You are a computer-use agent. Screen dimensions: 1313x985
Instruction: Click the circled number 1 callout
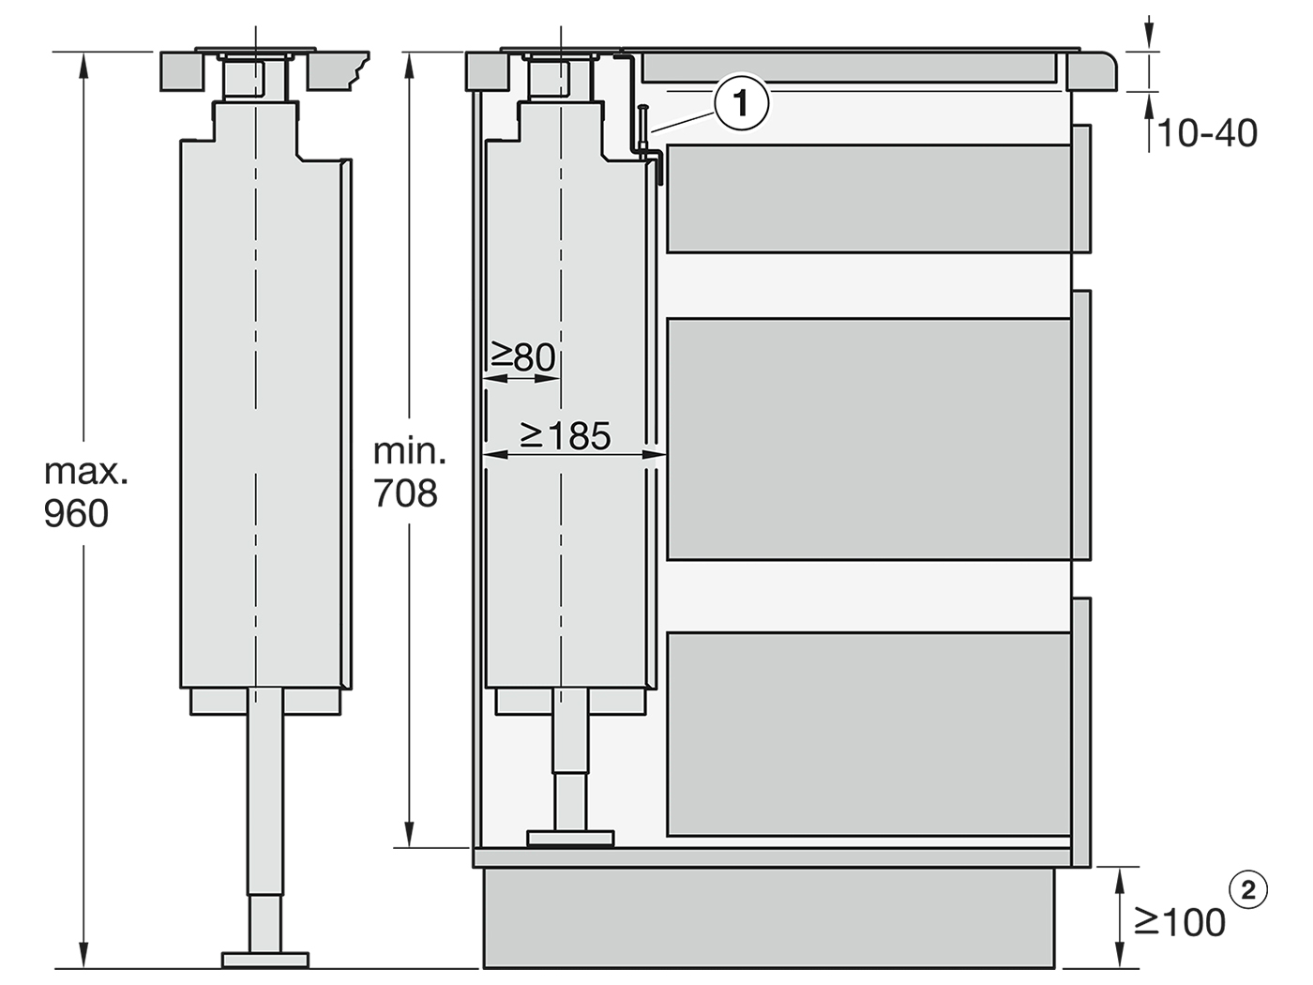click(x=741, y=103)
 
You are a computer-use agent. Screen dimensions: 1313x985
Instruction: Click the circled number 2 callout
click(x=1247, y=891)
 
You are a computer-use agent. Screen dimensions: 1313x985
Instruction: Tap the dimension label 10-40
click(x=1208, y=133)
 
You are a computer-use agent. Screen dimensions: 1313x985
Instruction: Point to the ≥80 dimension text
click(x=522, y=357)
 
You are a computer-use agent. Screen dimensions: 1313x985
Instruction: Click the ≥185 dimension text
click(x=566, y=435)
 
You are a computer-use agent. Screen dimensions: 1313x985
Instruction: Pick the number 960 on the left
click(x=76, y=513)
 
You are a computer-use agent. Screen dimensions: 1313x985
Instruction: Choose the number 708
click(x=405, y=493)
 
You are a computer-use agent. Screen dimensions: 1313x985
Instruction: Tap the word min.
click(x=410, y=451)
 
